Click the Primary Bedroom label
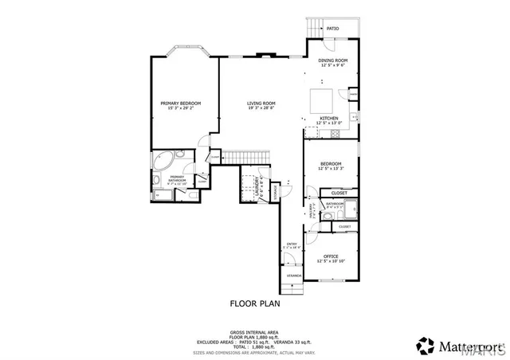180,104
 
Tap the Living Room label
261,104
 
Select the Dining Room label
333,61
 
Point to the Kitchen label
329,118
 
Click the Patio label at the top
332,29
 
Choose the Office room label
330,256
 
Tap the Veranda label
294,275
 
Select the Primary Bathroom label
177,178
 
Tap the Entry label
292,245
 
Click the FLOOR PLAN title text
255,303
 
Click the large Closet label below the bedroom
339,193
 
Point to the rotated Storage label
276,191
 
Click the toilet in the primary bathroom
157,192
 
